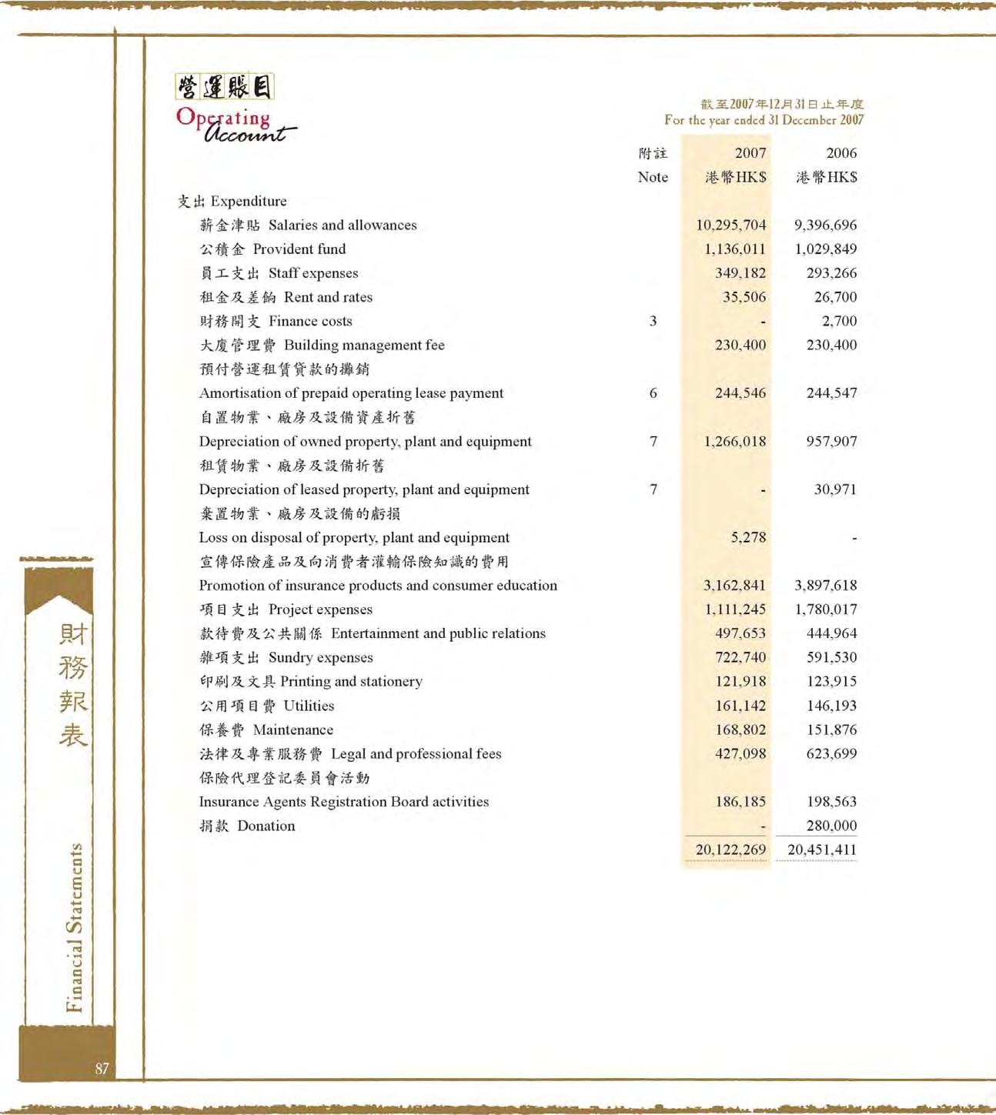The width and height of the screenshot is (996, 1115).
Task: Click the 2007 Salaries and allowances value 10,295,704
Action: (x=730, y=225)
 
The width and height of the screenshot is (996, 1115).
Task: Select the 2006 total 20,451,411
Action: (x=821, y=850)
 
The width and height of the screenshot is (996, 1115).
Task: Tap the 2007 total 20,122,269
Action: (x=730, y=850)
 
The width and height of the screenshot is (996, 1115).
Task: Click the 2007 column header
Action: (x=750, y=153)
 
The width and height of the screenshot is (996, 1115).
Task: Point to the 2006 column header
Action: (x=841, y=153)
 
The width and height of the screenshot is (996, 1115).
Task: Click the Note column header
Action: (x=653, y=176)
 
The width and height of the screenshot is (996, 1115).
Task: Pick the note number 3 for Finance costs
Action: (x=653, y=321)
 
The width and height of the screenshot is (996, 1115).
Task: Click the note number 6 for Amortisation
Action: (x=653, y=392)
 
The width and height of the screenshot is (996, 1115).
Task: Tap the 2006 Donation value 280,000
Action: (x=831, y=826)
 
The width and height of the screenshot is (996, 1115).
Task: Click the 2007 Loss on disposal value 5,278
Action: (x=748, y=537)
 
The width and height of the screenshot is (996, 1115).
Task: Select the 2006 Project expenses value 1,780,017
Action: (x=825, y=609)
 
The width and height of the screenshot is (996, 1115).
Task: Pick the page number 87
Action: (x=102, y=1068)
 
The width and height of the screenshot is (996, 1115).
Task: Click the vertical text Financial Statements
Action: (x=74, y=927)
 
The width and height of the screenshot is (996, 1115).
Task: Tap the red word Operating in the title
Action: (x=223, y=118)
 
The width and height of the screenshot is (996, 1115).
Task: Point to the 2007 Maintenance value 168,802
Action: (x=740, y=729)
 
